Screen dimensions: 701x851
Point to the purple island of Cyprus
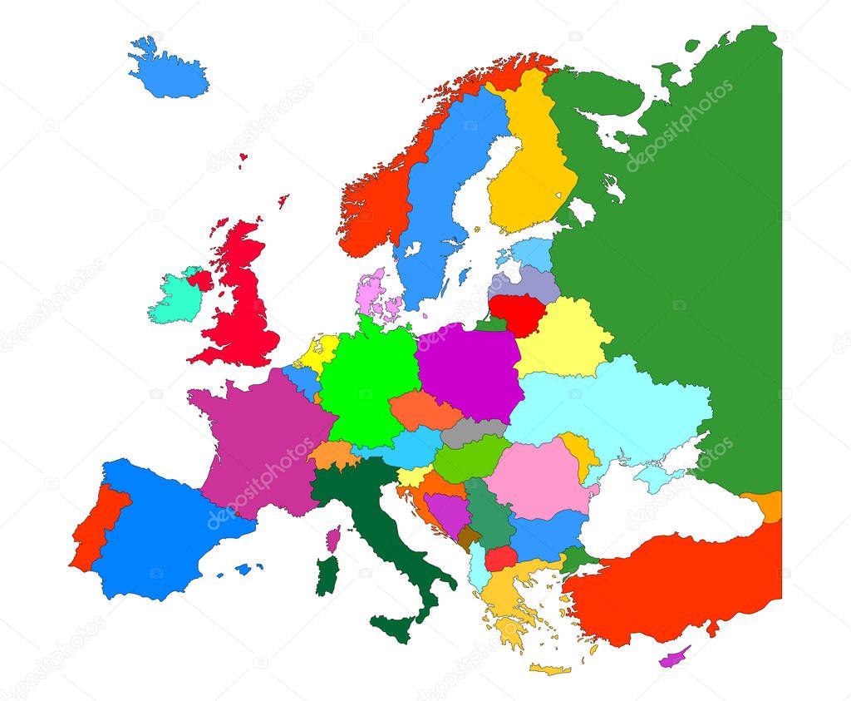point(674,659)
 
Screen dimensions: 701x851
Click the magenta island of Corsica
point(333,538)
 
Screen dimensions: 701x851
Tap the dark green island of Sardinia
point(327,575)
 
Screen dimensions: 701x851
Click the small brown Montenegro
point(470,536)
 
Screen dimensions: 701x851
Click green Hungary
point(470,460)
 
